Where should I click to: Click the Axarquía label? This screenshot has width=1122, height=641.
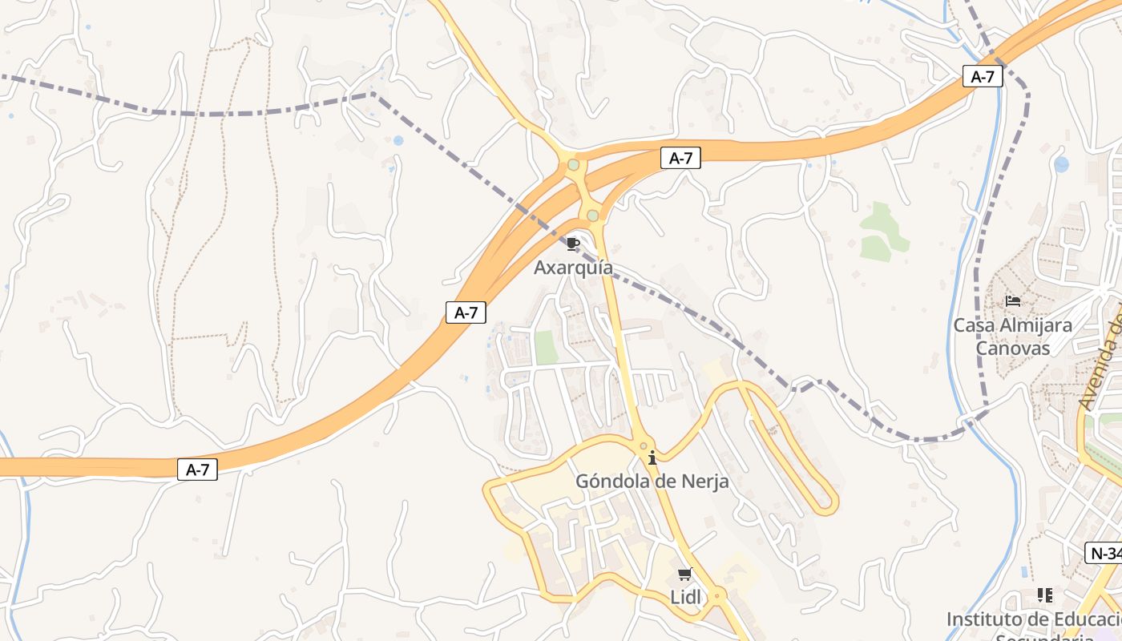[573, 268]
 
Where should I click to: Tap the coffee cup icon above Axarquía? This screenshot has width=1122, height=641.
[572, 244]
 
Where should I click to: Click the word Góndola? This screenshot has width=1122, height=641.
[615, 482]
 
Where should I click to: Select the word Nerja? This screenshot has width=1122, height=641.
[705, 482]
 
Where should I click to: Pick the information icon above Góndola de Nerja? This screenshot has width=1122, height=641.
[652, 458]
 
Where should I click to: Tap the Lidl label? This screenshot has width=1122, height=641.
[684, 597]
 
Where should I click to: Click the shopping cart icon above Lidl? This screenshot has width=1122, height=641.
[684, 574]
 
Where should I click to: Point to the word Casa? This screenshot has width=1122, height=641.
[973, 326]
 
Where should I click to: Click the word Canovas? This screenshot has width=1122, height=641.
[1012, 349]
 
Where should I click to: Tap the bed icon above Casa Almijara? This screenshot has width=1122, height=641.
[1013, 301]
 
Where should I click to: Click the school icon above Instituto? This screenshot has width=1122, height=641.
[1045, 595]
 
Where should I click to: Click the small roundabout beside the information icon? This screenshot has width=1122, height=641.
[643, 445]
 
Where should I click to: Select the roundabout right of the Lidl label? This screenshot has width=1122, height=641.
[716, 595]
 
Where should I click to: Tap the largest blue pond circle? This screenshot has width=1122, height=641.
[1062, 164]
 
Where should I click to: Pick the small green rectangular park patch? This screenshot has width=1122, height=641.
[546, 348]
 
